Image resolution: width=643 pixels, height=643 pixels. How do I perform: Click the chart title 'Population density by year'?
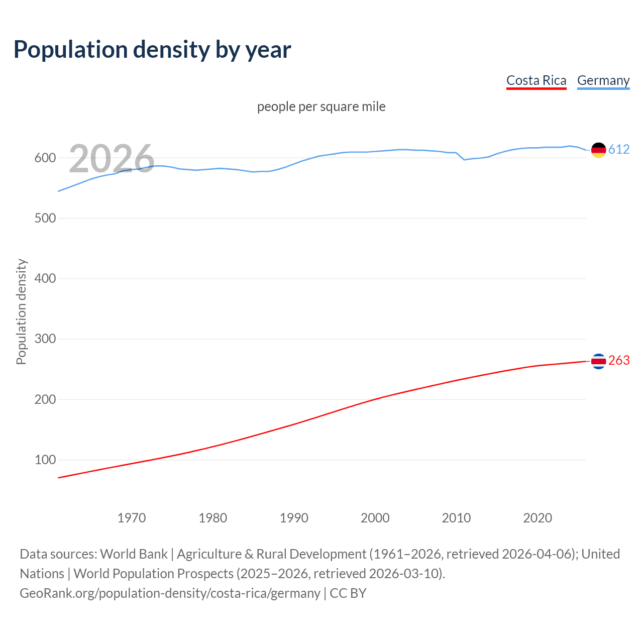tap(152, 50)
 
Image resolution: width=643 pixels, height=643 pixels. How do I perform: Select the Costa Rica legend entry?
tap(536, 80)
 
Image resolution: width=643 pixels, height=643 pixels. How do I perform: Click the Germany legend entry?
tap(603, 80)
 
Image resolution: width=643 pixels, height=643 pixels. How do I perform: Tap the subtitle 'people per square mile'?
tap(321, 106)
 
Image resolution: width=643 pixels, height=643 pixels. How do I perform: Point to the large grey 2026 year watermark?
tap(112, 159)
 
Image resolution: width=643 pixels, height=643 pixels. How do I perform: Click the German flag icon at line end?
tap(598, 150)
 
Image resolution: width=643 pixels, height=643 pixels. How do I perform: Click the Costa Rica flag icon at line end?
tap(598, 361)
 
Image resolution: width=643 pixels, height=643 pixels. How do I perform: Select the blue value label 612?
tap(619, 150)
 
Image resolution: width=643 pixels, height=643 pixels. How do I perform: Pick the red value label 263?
tap(619, 361)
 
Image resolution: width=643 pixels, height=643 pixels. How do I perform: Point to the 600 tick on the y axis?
tap(45, 158)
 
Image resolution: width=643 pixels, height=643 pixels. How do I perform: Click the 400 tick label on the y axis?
tap(45, 278)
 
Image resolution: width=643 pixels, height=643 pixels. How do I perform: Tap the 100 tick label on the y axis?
tap(45, 460)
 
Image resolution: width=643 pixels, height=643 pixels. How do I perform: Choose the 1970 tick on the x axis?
tap(132, 518)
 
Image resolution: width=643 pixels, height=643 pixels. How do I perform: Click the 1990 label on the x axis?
tap(294, 518)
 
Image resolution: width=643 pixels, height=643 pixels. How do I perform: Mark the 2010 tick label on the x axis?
tap(456, 518)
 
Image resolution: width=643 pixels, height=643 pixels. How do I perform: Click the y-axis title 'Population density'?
tap(21, 311)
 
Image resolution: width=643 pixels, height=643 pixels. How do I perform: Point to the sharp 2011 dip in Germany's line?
tap(464, 160)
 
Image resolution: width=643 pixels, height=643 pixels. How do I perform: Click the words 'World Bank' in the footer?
tap(134, 554)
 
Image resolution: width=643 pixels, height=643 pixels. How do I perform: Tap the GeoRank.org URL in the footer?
tap(170, 593)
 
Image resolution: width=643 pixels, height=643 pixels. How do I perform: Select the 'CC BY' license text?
tap(348, 593)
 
